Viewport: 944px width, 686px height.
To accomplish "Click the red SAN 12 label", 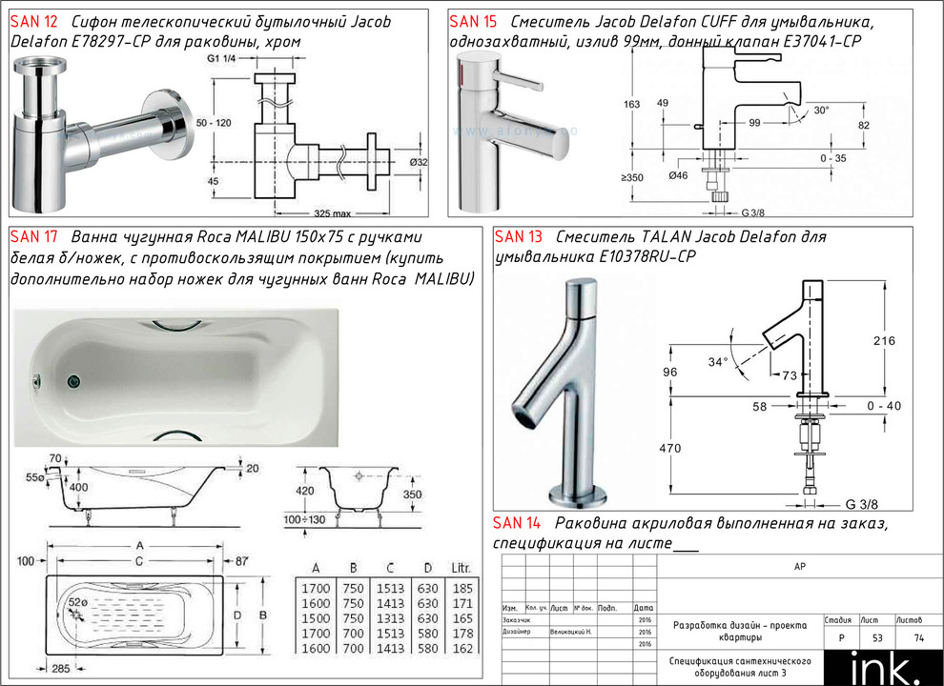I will [32, 21].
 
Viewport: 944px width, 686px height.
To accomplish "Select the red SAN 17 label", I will [33, 236].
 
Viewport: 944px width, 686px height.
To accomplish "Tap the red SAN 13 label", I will [519, 236].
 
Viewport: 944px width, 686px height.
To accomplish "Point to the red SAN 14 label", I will [517, 523].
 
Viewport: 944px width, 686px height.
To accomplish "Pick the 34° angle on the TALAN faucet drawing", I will [718, 361].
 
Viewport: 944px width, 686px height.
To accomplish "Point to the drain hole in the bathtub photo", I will [73, 380].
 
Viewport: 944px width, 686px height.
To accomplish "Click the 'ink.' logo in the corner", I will [883, 666].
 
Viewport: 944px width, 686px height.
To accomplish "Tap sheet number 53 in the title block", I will [870, 637].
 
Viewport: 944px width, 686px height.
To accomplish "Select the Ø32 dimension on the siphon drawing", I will [418, 162].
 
